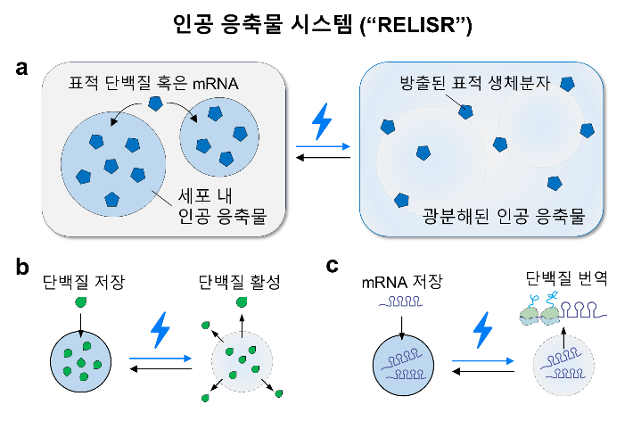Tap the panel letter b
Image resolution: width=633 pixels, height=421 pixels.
[21, 267]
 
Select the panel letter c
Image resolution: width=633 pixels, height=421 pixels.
[332, 265]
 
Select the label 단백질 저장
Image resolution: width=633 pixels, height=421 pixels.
[82, 284]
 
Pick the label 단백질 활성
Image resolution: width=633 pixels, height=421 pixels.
[238, 284]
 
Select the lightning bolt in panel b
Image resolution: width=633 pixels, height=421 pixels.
[160, 329]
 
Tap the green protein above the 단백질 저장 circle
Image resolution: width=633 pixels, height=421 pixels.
[82, 304]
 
